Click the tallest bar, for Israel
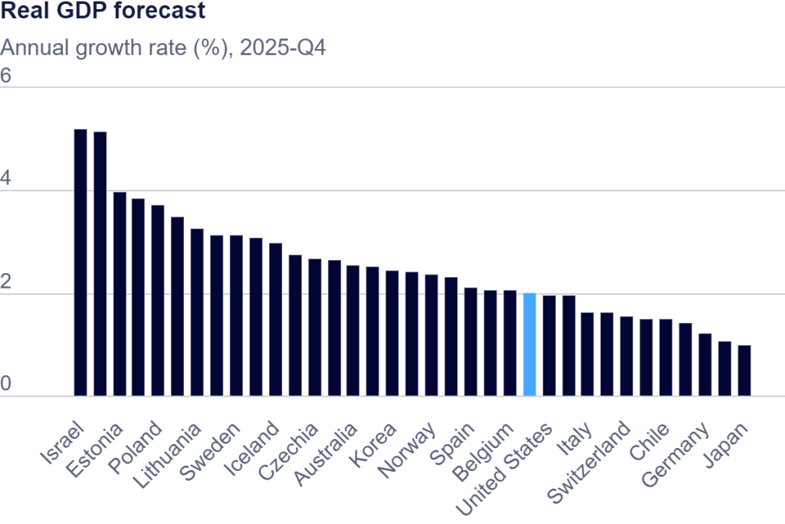click(x=80, y=262)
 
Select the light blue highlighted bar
click(x=530, y=344)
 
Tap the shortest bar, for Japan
click(x=744, y=371)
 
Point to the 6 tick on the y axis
click(x=5, y=76)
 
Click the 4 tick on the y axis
click(x=5, y=179)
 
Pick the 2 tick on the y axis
click(x=5, y=282)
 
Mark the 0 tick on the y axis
click(x=5, y=384)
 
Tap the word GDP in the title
click(x=80, y=11)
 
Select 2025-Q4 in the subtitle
click(x=283, y=48)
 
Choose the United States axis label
click(x=504, y=468)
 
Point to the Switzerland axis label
click(x=588, y=462)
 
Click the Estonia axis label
click(x=94, y=450)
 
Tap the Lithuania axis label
click(x=167, y=456)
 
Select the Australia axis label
click(x=326, y=454)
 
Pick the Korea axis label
click(x=373, y=445)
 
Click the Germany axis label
click(x=675, y=454)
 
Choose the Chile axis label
click(x=649, y=441)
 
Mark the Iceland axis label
click(x=251, y=449)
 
